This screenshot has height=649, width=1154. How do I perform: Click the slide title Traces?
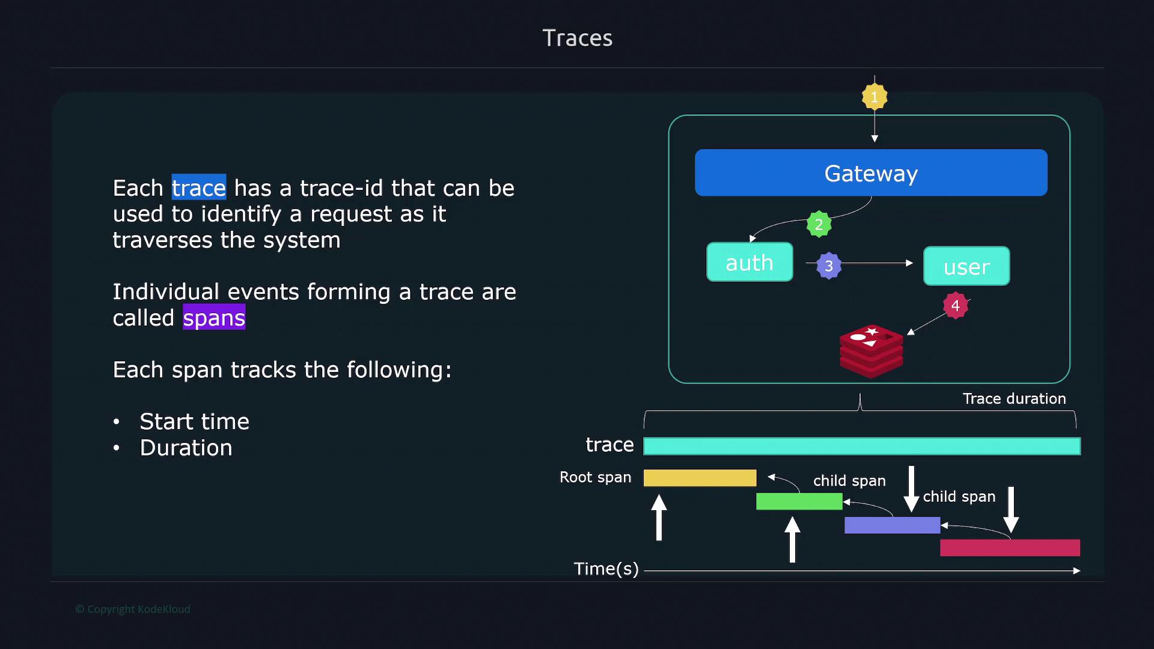(x=578, y=38)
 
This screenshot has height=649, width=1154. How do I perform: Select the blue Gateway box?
(x=871, y=172)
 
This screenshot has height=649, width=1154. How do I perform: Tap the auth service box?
(x=749, y=262)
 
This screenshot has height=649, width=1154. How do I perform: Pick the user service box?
(x=966, y=266)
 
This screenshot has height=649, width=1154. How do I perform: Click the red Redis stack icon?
(x=871, y=351)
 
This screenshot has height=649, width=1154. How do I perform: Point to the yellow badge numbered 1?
(x=875, y=97)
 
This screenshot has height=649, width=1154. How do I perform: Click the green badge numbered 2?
(x=819, y=224)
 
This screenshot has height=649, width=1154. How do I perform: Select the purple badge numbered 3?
(x=829, y=266)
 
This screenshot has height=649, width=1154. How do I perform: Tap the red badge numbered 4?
(x=956, y=305)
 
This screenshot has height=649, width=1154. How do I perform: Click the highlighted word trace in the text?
(x=199, y=187)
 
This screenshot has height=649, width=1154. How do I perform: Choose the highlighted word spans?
(x=214, y=317)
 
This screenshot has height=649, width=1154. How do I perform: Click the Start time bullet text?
(x=194, y=421)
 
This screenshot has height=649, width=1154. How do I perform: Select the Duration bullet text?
(x=186, y=448)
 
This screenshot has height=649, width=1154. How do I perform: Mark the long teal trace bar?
(x=862, y=446)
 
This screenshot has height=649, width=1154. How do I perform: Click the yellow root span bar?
(x=700, y=478)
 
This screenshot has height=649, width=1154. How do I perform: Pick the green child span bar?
(x=799, y=501)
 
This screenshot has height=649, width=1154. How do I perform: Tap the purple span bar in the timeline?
(x=892, y=525)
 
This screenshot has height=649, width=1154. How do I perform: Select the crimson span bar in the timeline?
(x=1010, y=547)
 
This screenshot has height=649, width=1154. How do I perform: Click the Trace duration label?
(x=1014, y=398)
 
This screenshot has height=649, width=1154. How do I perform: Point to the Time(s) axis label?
(x=606, y=568)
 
